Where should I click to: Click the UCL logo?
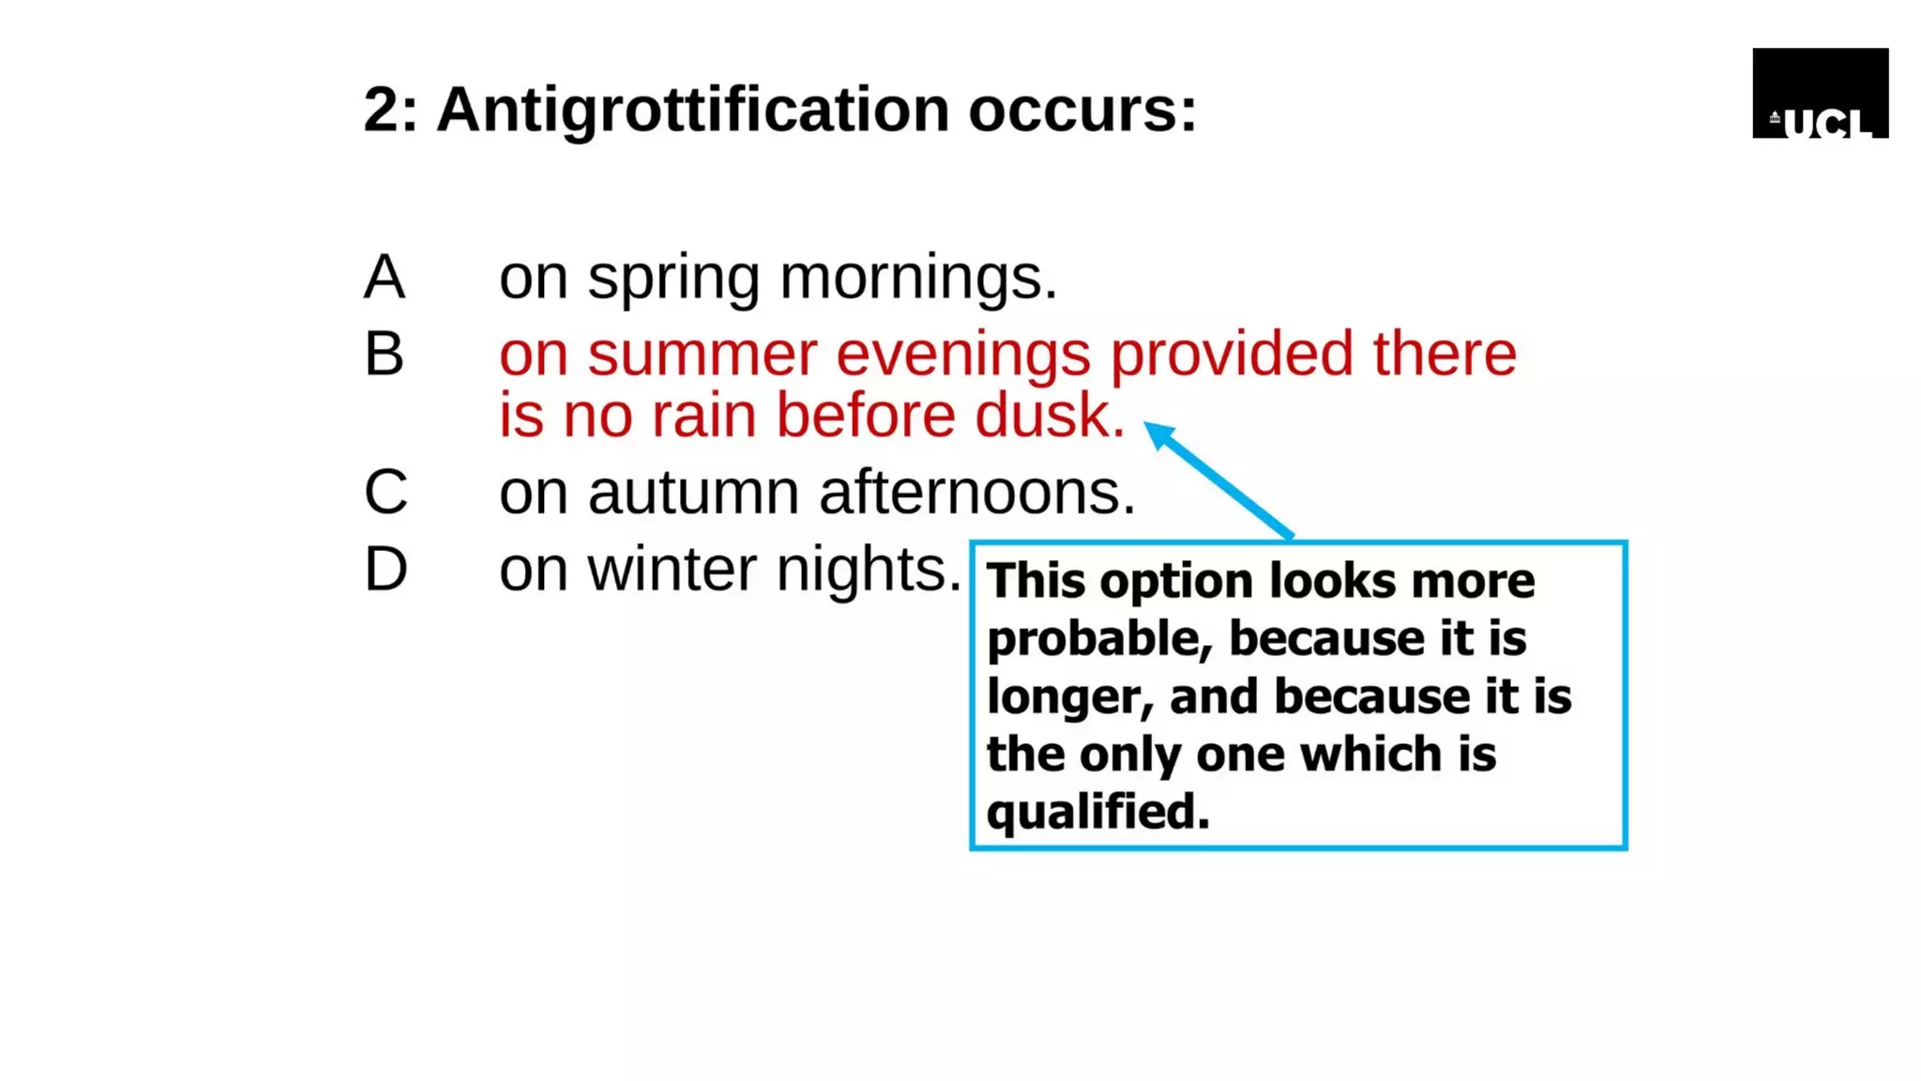click(1820, 94)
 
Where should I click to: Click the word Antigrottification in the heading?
click(692, 111)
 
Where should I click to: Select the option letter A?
click(385, 278)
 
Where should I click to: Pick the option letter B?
click(385, 355)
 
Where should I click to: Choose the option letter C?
click(386, 492)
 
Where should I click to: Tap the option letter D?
click(386, 570)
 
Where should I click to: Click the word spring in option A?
click(673, 280)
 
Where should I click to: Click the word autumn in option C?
click(693, 493)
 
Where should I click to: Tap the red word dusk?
click(1049, 416)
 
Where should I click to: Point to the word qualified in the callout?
click(1097, 812)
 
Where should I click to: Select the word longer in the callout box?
click(1069, 698)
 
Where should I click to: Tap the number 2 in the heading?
click(381, 111)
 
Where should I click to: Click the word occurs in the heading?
click(1082, 111)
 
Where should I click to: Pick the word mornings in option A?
click(917, 280)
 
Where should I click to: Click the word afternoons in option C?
click(976, 493)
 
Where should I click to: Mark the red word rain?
click(703, 416)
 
